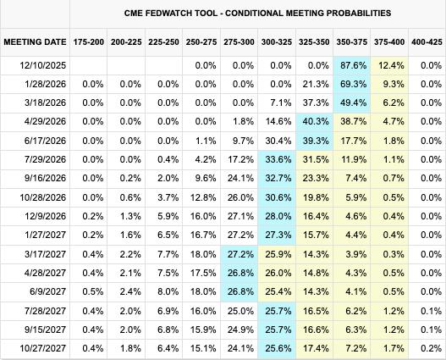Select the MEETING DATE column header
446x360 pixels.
(x=34, y=42)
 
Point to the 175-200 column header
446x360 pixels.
(x=89, y=42)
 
